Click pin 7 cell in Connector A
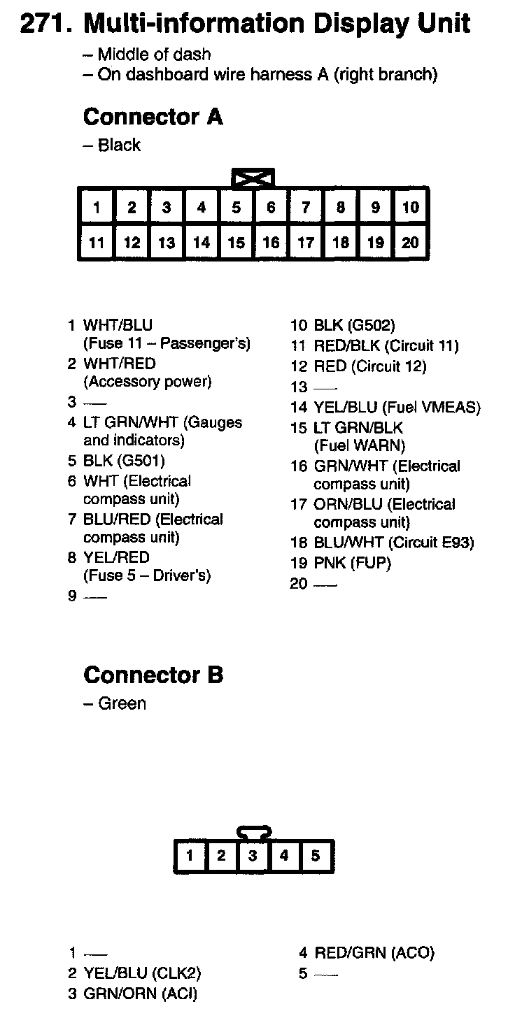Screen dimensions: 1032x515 306,207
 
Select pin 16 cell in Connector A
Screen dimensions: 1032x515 271,243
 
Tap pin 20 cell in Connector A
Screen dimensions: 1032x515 411,243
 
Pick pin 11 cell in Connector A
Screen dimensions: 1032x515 97,243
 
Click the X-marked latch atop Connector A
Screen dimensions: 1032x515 253,178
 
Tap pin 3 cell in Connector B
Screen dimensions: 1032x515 253,856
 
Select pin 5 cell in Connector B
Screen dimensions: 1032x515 316,856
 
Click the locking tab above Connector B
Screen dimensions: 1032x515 254,833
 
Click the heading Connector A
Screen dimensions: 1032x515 153,117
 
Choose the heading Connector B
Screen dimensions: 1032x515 153,675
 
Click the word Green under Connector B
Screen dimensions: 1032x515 122,703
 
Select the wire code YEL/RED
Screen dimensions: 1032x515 116,557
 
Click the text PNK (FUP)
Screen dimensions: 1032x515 352,562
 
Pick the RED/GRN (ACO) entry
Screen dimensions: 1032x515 374,952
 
